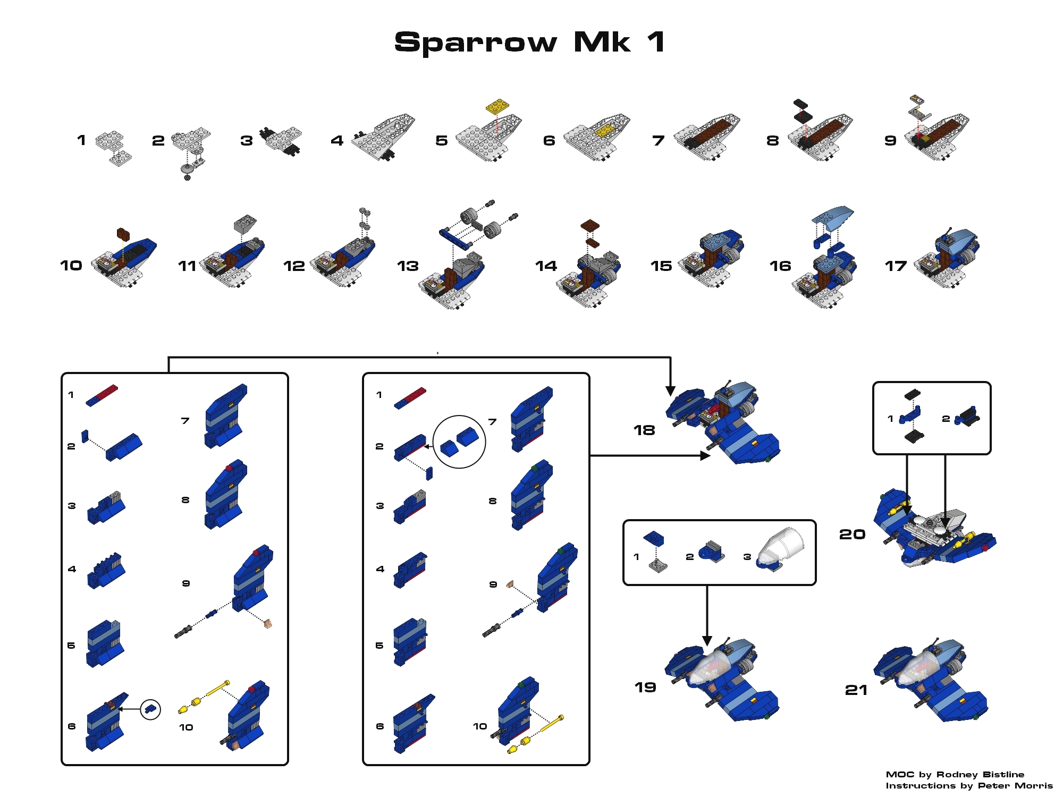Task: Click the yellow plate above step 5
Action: tap(497, 106)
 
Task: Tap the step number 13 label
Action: tap(408, 266)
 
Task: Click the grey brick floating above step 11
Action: tap(245, 223)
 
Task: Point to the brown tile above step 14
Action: tap(590, 225)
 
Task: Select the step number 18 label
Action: tap(644, 430)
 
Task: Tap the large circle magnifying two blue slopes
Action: tap(459, 442)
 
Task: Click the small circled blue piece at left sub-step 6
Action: tap(150, 709)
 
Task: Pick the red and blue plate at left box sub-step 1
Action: tap(102, 396)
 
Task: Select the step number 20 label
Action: tap(852, 535)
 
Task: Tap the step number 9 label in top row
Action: tap(890, 141)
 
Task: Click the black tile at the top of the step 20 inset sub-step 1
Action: tap(912, 394)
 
